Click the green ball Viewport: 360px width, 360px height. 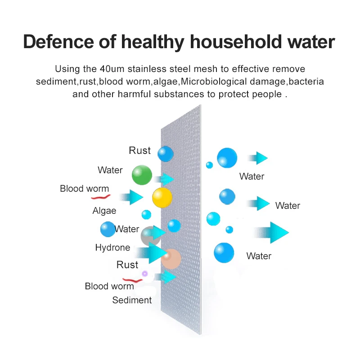click(142, 175)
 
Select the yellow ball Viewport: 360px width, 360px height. click(162, 197)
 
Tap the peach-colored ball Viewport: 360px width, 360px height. click(171, 259)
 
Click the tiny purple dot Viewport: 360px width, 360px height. click(145, 274)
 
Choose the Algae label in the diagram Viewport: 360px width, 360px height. click(104, 211)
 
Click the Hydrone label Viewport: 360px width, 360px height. click(112, 247)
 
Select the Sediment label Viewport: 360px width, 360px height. click(132, 300)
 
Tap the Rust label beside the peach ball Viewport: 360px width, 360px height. click(127, 265)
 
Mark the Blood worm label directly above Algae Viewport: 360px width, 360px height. click(84, 189)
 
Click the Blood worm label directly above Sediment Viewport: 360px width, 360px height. click(109, 286)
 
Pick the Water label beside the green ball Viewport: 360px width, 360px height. click(110, 170)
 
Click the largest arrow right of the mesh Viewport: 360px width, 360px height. click(271, 232)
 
